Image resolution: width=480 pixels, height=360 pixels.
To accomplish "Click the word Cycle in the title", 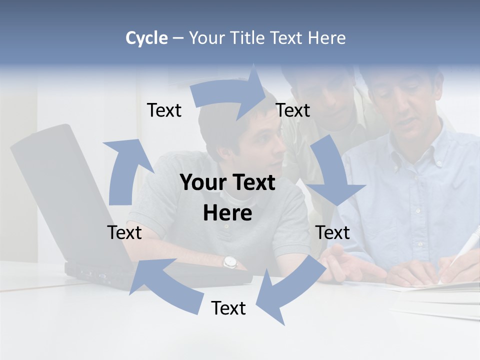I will point(146,38).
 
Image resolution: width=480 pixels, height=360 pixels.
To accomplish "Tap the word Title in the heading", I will point(249,38).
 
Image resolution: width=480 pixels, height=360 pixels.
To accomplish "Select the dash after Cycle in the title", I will point(178,38).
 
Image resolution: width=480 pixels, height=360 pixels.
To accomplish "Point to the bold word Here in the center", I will point(227,213).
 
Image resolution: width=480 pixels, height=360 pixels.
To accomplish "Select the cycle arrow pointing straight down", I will point(332,172).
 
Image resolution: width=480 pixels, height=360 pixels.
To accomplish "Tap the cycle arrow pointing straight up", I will point(125,170).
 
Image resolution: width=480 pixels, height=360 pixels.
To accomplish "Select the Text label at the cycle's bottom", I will point(228,308).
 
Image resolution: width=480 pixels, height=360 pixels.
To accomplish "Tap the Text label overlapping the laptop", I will point(124,232).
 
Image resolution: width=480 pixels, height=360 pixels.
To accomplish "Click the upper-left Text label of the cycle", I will point(164,110).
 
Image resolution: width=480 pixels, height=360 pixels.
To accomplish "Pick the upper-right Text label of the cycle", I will point(293,110).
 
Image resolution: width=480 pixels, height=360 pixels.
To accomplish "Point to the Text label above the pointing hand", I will point(332,232).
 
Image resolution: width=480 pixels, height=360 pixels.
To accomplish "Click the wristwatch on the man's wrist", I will point(229,261).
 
